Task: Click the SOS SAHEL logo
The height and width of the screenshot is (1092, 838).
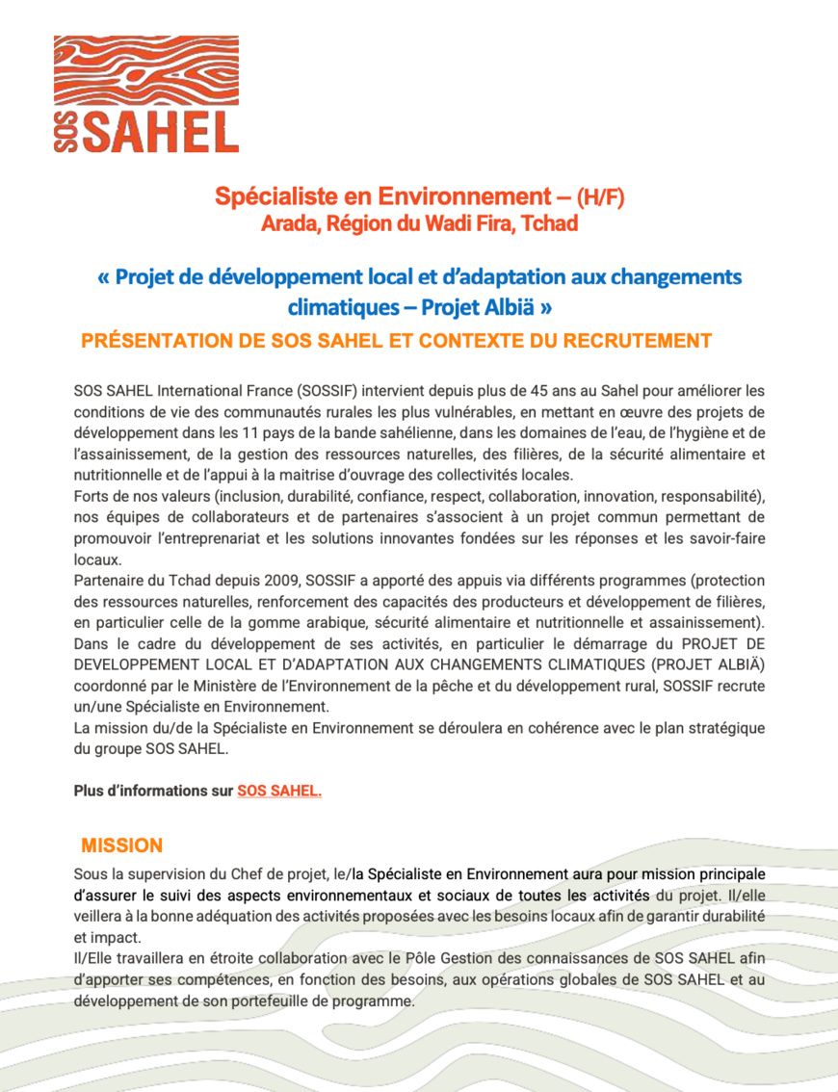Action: [x=146, y=94]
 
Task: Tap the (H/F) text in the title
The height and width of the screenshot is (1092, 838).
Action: [x=600, y=198]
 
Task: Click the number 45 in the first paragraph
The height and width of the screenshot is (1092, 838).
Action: [x=538, y=391]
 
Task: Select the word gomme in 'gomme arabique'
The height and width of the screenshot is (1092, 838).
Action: [x=268, y=623]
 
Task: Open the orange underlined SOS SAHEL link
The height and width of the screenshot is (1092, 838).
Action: [x=279, y=792]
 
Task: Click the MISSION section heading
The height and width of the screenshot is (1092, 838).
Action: [x=122, y=846]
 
